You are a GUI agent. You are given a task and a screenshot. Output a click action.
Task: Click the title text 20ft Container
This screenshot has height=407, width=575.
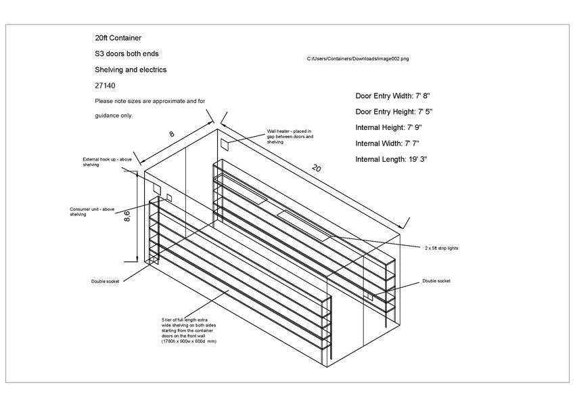[118, 38]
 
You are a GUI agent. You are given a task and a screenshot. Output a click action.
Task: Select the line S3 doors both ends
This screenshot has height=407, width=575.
[128, 53]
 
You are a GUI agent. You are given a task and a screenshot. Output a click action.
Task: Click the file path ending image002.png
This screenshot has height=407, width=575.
[358, 60]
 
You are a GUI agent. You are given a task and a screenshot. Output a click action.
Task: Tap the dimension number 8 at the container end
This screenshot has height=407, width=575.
[171, 134]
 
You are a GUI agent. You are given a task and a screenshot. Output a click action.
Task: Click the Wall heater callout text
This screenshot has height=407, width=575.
[290, 136]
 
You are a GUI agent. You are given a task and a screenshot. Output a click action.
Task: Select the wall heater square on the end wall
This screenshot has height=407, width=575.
[225, 144]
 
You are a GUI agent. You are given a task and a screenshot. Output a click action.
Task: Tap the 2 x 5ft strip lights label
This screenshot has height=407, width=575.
[441, 248]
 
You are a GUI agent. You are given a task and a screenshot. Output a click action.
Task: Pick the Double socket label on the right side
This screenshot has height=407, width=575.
[436, 280]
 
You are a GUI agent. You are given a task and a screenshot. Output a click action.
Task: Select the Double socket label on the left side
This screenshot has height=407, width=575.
[105, 281]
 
